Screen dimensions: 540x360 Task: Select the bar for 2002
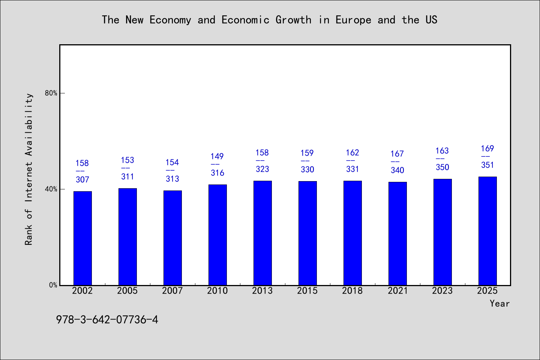pyautogui.click(x=82, y=238)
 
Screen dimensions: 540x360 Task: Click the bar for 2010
pyautogui.click(x=217, y=235)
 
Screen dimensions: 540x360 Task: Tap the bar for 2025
pyautogui.click(x=487, y=231)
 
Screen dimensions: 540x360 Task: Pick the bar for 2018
pyautogui.click(x=352, y=233)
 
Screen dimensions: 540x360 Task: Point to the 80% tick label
pyautogui.click(x=51, y=93)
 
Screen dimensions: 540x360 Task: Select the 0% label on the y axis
pyautogui.click(x=53, y=285)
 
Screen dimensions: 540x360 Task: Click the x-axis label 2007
pyautogui.click(x=172, y=291)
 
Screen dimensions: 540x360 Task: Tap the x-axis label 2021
pyautogui.click(x=397, y=291)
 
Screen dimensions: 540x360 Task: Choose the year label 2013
pyautogui.click(x=262, y=291)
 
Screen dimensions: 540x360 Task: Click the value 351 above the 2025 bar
pyautogui.click(x=487, y=165)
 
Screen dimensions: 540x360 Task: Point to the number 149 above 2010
pyautogui.click(x=217, y=156)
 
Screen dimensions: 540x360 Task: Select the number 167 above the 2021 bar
pyautogui.click(x=397, y=154)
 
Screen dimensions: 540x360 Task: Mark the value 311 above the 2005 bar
pyautogui.click(x=127, y=177)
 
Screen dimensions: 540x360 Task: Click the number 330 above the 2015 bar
pyautogui.click(x=307, y=169)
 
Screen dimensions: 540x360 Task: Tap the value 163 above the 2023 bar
pyautogui.click(x=442, y=151)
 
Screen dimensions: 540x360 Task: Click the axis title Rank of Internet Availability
pyautogui.click(x=28, y=169)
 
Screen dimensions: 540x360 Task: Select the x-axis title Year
pyautogui.click(x=500, y=304)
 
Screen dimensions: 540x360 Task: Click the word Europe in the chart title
pyautogui.click(x=353, y=20)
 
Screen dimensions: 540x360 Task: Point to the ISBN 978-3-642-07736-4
pyautogui.click(x=107, y=320)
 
